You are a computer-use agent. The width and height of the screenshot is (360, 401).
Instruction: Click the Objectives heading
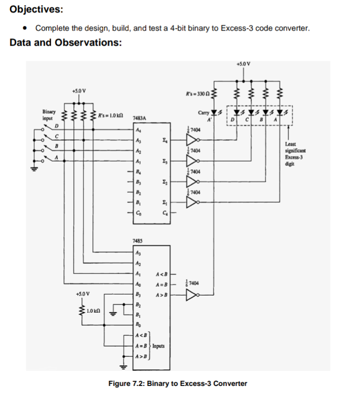tap(32, 9)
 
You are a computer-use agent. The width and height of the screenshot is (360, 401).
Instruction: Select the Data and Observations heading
tap(65, 43)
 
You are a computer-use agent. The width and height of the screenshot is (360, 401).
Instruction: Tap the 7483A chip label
tap(139, 118)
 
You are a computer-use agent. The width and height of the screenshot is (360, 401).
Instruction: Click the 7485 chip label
tap(138, 241)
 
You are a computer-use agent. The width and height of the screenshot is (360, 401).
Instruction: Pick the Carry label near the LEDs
tap(204, 112)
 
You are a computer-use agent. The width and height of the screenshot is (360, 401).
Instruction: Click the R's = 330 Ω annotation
tap(197, 93)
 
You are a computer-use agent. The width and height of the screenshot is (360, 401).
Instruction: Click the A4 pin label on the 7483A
tap(138, 130)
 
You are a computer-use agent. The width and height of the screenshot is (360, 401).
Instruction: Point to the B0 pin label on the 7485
tap(138, 325)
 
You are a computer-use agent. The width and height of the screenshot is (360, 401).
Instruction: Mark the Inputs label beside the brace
tap(159, 345)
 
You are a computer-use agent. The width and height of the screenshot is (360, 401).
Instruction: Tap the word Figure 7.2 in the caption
tap(127, 384)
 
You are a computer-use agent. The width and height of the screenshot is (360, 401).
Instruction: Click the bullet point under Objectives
tap(25, 28)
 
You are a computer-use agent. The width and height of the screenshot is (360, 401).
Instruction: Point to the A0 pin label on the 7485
tap(138, 284)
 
